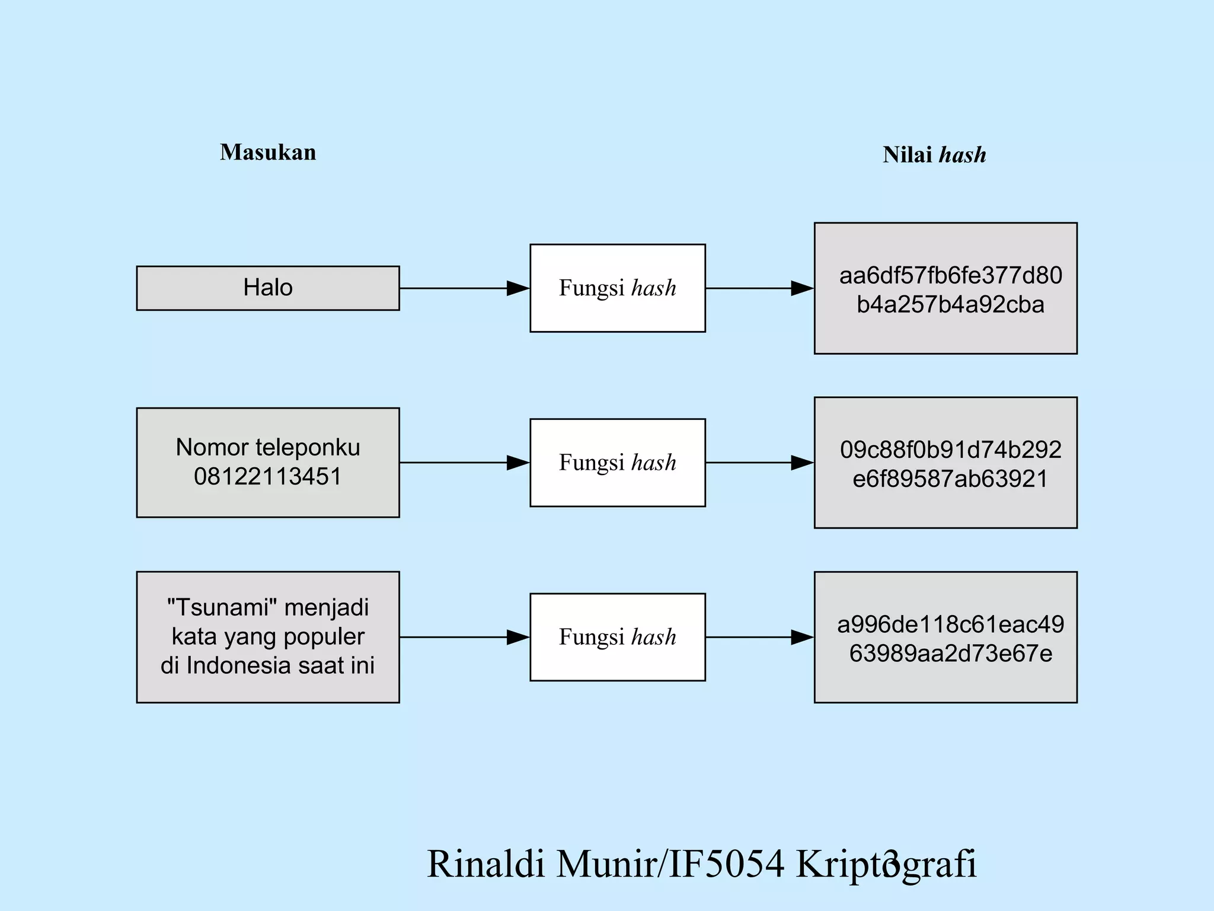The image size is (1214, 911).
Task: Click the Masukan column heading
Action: (268, 152)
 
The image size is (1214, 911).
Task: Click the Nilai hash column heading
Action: (934, 155)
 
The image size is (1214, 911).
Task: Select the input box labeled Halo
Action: (268, 288)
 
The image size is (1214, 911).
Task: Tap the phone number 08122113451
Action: (268, 476)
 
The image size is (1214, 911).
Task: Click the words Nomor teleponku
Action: (268, 447)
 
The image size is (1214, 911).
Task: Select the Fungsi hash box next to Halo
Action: (617, 288)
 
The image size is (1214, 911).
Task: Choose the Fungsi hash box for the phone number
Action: (617, 463)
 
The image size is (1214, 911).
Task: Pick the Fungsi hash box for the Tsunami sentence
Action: (617, 637)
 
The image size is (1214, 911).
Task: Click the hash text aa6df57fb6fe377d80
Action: (950, 276)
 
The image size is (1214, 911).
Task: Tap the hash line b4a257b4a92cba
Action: (950, 305)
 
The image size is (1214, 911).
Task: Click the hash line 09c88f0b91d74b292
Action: (950, 450)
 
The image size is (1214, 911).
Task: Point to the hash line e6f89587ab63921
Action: (950, 479)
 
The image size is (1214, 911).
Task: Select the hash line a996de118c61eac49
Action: (950, 625)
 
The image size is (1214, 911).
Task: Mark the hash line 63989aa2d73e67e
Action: (950, 654)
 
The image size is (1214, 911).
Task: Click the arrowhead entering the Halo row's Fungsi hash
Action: (518, 288)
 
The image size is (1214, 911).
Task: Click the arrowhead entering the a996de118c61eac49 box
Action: (803, 638)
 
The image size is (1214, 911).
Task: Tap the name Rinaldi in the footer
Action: (485, 864)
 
